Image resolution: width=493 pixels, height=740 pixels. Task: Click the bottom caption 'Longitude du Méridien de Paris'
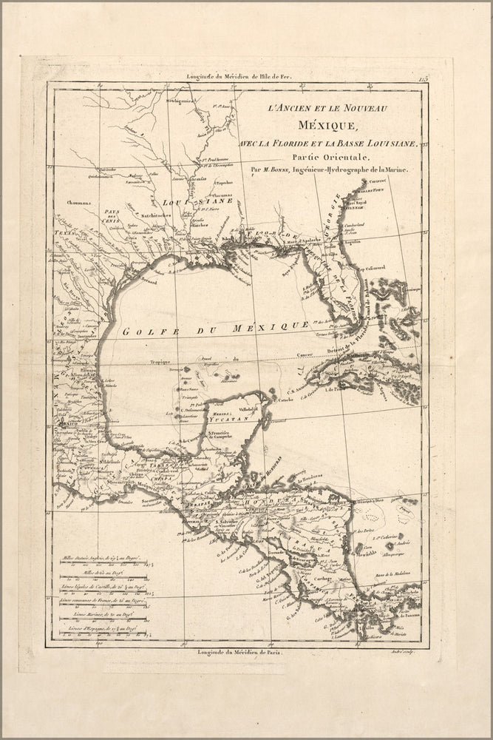[x=236, y=651]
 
